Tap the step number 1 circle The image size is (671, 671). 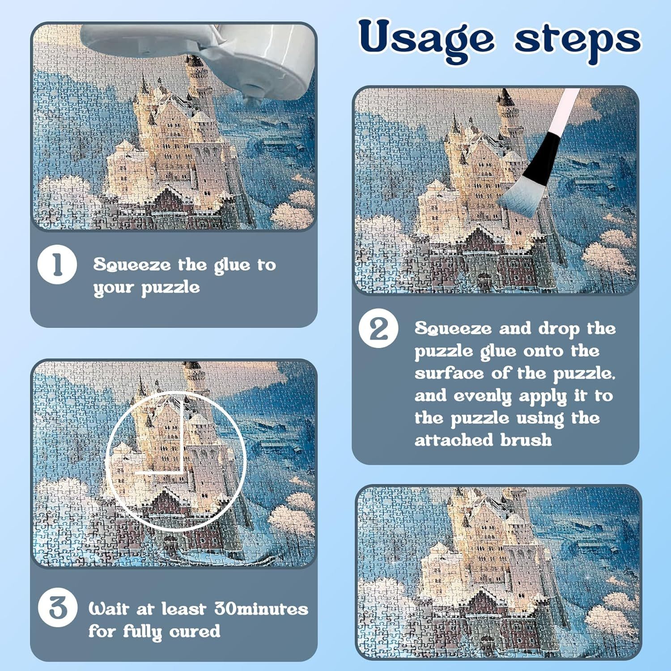[57, 264]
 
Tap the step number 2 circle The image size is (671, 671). [378, 329]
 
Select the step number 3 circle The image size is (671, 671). [57, 607]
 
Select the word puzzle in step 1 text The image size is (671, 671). [170, 288]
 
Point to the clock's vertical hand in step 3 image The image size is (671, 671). [182, 432]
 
